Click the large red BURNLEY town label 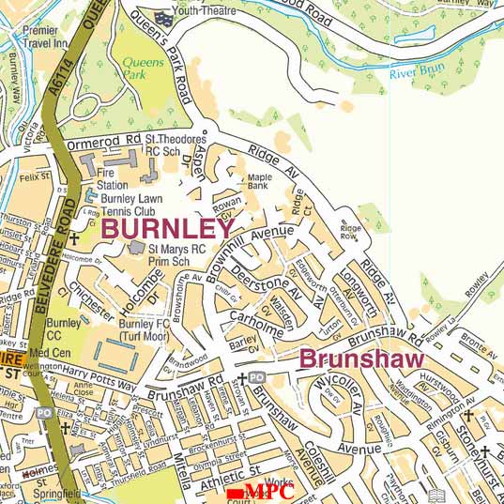(x=169, y=228)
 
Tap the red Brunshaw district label (x=361, y=359)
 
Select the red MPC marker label (x=263, y=493)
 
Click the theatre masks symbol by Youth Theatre (x=166, y=16)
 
